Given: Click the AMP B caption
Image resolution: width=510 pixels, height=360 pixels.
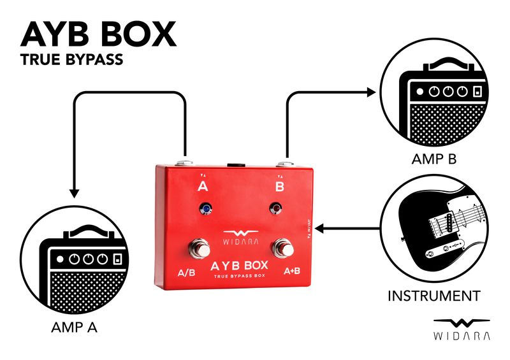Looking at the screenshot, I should [x=433, y=159].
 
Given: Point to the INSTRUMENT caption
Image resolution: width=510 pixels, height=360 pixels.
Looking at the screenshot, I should [x=434, y=296].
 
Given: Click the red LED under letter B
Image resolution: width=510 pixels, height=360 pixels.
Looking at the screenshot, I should [x=276, y=208].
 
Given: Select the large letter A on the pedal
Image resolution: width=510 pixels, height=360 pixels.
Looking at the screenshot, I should [x=203, y=187].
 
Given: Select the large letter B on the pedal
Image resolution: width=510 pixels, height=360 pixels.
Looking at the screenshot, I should [x=280, y=187].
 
